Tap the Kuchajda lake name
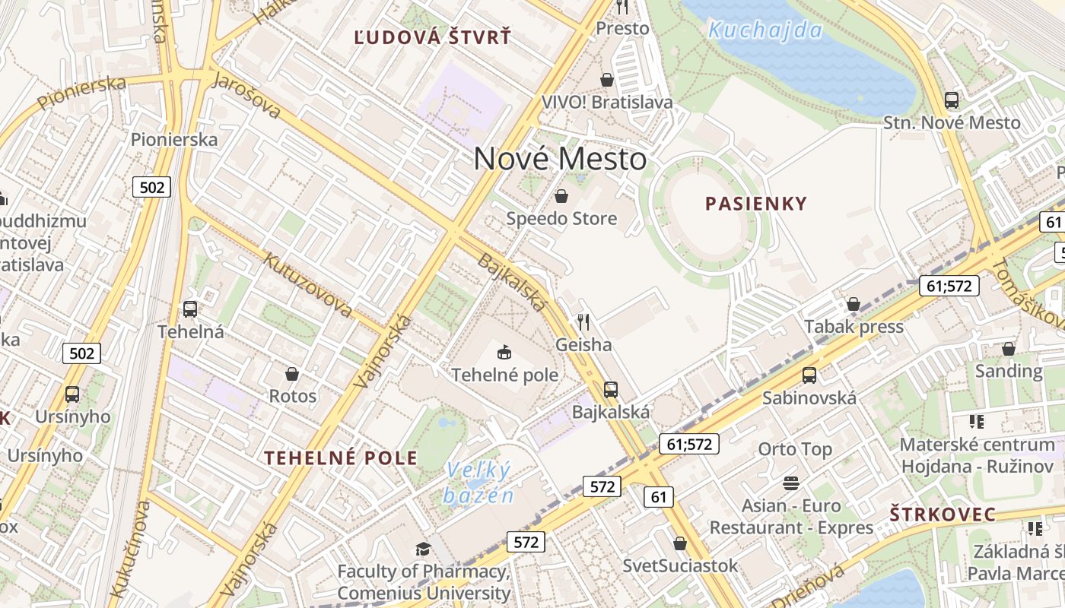(765, 30)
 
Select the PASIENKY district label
(755, 204)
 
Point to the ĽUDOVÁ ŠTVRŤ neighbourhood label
(433, 37)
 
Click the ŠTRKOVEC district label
(943, 515)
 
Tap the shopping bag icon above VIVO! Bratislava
(607, 80)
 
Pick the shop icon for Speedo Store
(561, 197)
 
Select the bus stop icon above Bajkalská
(610, 390)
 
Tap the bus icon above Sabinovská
(809, 375)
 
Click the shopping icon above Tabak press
(854, 304)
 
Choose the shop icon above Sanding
(1009, 349)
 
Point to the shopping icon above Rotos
(292, 374)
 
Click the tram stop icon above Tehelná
(190, 309)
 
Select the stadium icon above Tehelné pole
(504, 352)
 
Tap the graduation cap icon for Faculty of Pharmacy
(423, 549)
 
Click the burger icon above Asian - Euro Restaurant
(791, 483)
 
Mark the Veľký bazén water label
(479, 483)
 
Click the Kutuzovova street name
(307, 284)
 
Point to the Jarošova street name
(246, 95)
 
